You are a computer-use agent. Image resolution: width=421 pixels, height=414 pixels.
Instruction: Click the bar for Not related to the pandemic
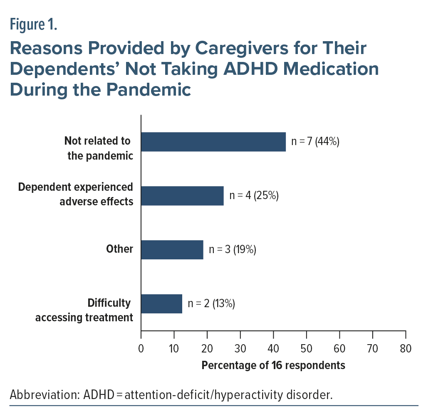click(x=213, y=142)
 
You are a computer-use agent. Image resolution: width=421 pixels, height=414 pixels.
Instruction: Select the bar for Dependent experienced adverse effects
click(x=182, y=196)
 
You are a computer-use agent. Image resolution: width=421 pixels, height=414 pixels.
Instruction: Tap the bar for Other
click(x=172, y=250)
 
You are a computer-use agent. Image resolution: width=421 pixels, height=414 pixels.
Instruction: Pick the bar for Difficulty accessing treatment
click(x=161, y=304)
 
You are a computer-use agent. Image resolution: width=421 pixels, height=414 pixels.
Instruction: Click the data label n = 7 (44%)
click(x=315, y=142)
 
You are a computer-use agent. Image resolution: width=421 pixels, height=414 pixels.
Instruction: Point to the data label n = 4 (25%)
click(x=253, y=196)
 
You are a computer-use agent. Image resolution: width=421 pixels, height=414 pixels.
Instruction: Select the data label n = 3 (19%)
click(x=233, y=250)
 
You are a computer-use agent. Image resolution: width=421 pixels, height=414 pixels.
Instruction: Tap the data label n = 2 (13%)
click(x=212, y=304)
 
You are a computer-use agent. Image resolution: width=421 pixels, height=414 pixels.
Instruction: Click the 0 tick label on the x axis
click(x=141, y=348)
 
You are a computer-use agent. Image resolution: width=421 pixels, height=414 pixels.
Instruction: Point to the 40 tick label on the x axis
click(x=273, y=348)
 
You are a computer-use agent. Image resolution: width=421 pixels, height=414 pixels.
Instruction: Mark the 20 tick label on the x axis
click(x=207, y=348)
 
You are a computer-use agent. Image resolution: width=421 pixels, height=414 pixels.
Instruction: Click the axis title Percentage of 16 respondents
click(x=273, y=365)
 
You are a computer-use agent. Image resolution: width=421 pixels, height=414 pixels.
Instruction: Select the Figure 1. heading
click(x=33, y=25)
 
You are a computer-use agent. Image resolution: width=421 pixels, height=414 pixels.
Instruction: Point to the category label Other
click(x=120, y=249)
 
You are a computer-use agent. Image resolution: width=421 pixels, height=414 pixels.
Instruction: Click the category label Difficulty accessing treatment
click(x=84, y=310)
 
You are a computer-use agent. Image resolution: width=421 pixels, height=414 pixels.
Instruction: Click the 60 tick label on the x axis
click(x=339, y=348)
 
